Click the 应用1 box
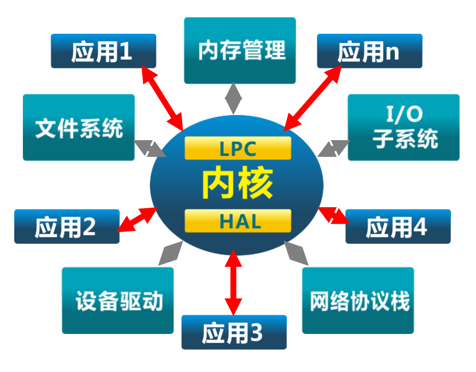(103, 51)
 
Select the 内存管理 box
(240, 51)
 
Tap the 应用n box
(369, 51)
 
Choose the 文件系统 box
(79, 128)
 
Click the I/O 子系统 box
(403, 128)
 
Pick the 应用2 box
(67, 227)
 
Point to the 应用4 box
(398, 227)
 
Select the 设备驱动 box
(117, 301)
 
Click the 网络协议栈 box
(358, 301)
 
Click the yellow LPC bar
(238, 148)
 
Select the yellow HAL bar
(238, 221)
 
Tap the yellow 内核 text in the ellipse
(238, 184)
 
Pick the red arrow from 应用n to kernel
(313, 98)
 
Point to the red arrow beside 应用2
(138, 220)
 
